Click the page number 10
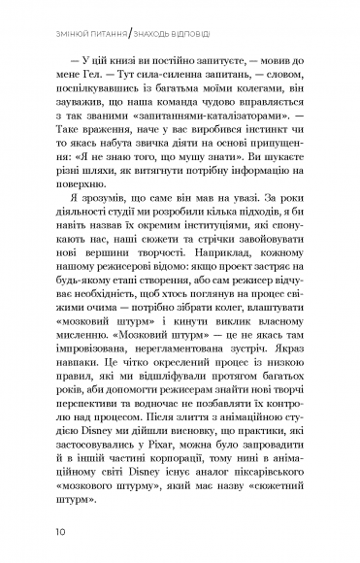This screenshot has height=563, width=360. [61, 531]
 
